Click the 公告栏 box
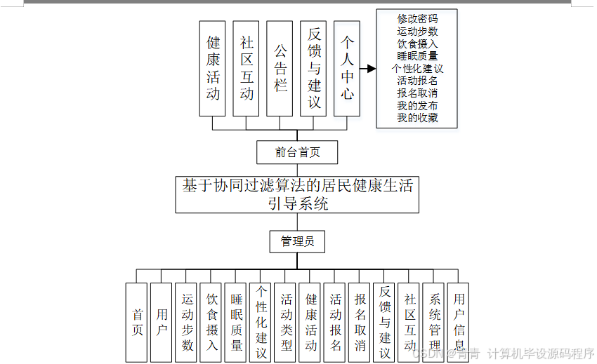click(280, 69)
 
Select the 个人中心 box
click(347, 69)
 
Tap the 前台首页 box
click(297, 152)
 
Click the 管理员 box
click(297, 242)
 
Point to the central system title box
click(297, 194)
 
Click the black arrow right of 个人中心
click(368, 69)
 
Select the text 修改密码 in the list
click(417, 19)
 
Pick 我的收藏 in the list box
click(417, 118)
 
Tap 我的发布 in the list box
click(417, 106)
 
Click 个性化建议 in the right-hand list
click(417, 69)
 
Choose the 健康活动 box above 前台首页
click(213, 69)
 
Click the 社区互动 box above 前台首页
click(247, 69)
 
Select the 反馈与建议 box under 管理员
click(385, 322)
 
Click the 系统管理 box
click(435, 322)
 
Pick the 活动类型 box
click(286, 322)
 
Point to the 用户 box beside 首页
click(162, 322)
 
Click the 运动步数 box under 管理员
click(187, 322)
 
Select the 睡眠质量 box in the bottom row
click(237, 322)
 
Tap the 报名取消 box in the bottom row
click(360, 322)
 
